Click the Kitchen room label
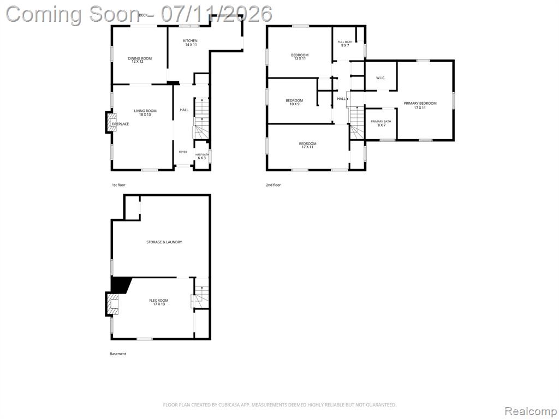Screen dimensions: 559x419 coord(191,43)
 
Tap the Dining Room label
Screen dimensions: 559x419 coord(140,60)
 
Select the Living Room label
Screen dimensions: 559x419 coord(145,112)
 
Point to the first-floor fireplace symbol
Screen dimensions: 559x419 coord(111,123)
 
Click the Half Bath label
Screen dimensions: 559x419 coord(202,156)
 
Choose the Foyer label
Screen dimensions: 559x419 coord(183,152)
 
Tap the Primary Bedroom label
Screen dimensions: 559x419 coord(420,105)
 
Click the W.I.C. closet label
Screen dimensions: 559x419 coord(380,78)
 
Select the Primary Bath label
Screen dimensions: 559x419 coord(380,123)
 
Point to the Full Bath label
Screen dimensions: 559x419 coord(345,44)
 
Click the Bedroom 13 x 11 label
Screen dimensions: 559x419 coord(300,57)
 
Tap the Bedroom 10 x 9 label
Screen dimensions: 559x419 coord(294,103)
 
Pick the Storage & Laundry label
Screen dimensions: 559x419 coord(164,242)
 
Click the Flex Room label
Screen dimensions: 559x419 coord(159,302)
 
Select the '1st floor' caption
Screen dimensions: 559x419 coord(118,185)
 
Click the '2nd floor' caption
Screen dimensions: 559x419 coord(273,185)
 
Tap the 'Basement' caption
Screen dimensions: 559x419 coord(118,354)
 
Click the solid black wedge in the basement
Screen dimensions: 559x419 coord(120,285)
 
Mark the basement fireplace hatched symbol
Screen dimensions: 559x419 coord(112,304)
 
